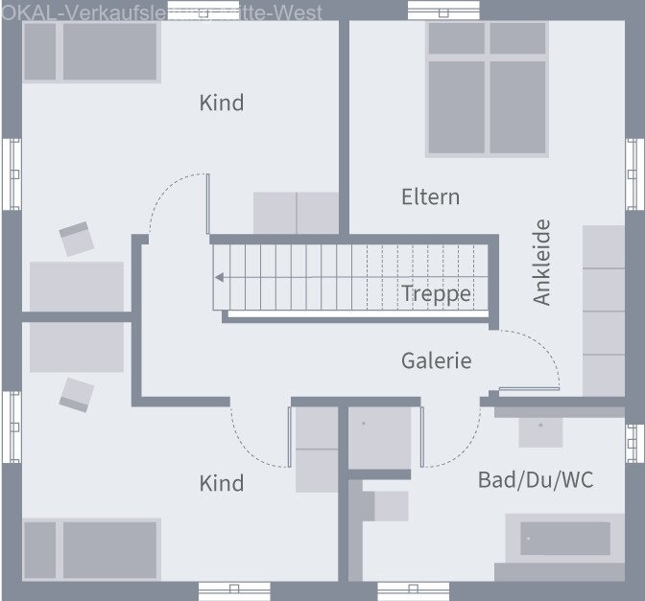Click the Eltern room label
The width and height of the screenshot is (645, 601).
point(430,196)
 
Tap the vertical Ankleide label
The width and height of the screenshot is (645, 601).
point(542,262)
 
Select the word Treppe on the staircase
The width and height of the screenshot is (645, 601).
point(437,293)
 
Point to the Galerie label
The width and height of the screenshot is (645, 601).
point(437,360)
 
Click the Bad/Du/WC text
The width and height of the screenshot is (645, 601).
point(536,479)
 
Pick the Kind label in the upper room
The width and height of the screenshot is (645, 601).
point(222,103)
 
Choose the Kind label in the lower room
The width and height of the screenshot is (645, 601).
point(222,483)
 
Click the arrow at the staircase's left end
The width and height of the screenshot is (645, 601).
point(220,278)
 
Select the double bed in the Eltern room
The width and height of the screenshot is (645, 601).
point(488,88)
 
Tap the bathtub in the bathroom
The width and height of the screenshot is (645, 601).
point(565,540)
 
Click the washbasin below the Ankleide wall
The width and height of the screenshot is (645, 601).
point(540,429)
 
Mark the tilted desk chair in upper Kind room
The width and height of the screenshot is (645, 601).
point(77,239)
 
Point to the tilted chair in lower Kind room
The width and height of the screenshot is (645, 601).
point(77,393)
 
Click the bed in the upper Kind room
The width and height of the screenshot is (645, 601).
point(90,53)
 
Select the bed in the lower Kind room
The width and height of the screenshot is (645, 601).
point(90,549)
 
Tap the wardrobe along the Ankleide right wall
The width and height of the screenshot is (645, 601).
point(604,310)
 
